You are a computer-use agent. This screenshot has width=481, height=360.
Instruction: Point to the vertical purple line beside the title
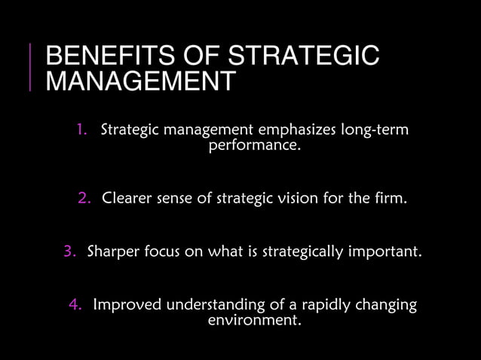[30, 68]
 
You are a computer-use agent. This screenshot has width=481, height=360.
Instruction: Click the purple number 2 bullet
[84, 200]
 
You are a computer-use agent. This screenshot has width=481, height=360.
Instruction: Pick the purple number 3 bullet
[70, 251]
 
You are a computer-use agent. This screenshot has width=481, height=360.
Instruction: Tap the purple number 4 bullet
[75, 305]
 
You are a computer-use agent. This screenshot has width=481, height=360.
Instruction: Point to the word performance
[254, 145]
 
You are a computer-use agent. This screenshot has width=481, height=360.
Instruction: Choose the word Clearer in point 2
[127, 200]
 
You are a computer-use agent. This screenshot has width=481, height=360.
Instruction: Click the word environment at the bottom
[254, 320]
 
